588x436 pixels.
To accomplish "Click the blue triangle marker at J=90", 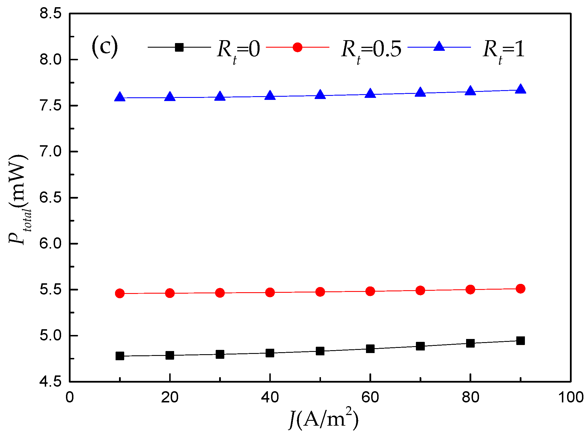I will click(x=520, y=89).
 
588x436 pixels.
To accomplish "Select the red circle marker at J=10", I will click(x=120, y=293).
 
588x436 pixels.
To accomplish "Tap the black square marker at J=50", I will click(x=320, y=351).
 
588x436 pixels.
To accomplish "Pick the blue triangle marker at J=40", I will click(x=270, y=96).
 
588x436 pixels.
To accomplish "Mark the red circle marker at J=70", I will click(x=420, y=290).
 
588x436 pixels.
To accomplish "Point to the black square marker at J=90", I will click(x=520, y=341).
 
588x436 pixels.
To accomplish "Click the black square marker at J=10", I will click(x=120, y=356).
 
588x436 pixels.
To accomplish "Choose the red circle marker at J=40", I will click(x=270, y=292).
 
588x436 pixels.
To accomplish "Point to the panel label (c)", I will click(x=105, y=46).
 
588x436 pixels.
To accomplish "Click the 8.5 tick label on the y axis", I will click(x=50, y=13).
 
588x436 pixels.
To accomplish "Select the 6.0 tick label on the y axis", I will click(x=50, y=244).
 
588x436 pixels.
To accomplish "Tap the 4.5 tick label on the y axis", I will click(x=50, y=382).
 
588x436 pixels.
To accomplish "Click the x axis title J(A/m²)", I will click(x=323, y=419).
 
